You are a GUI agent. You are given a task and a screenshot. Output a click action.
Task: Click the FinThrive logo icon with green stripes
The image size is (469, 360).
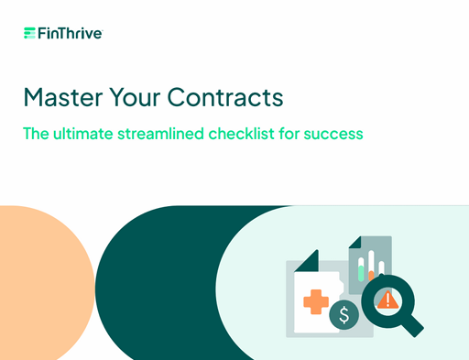[x=29, y=33]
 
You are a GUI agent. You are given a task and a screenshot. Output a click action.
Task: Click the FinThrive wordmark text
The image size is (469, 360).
[x=71, y=33]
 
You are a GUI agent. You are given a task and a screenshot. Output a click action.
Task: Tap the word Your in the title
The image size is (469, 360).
[x=135, y=97]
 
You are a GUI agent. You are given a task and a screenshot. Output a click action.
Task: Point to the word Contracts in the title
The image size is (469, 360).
[x=225, y=97]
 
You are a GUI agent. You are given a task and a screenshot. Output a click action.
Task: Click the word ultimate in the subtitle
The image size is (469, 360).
[x=83, y=134]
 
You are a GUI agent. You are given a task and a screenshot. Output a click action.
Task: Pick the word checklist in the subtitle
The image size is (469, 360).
[x=241, y=134]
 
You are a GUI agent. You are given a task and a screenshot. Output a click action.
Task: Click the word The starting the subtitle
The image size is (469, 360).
[x=36, y=134]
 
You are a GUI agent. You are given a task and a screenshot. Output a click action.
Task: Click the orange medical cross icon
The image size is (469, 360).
[x=316, y=301]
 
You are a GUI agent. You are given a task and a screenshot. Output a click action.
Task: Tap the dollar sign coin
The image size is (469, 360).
[x=344, y=315]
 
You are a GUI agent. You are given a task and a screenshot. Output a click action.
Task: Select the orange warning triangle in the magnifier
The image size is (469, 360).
[x=387, y=300]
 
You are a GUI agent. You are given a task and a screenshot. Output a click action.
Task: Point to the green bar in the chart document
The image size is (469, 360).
[x=361, y=273]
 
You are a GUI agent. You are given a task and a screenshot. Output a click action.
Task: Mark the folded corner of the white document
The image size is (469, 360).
[x=309, y=262]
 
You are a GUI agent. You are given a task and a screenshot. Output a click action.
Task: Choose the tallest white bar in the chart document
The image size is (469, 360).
[x=371, y=262]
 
